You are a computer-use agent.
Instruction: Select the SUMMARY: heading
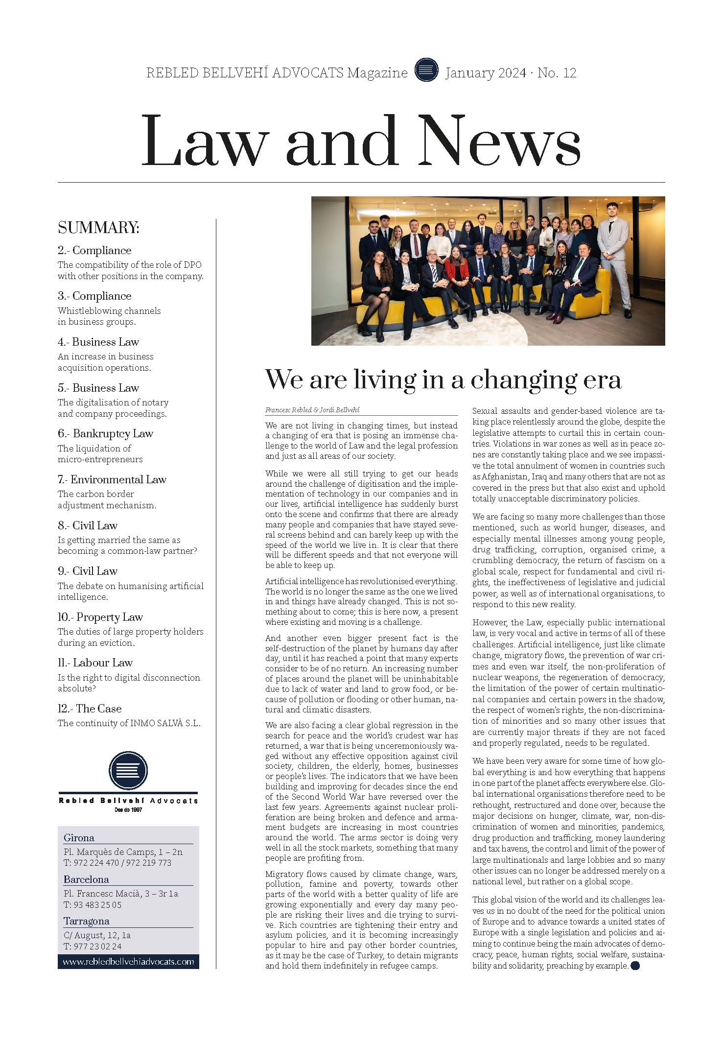coord(98,228)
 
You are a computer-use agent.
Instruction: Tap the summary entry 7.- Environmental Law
coord(112,479)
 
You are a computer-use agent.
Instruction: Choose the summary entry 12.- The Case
coord(90,709)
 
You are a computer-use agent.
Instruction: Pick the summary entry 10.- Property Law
coord(100,617)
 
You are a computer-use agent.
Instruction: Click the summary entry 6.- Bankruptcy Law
coord(105,433)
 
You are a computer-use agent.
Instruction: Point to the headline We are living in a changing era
coord(443,379)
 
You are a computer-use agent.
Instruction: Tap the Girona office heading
coord(79,837)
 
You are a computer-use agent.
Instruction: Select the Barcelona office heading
coord(86,879)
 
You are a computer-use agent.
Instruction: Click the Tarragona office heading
coord(86,921)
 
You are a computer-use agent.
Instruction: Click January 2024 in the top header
coord(485,73)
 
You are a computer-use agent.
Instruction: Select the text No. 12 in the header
coord(557,73)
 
